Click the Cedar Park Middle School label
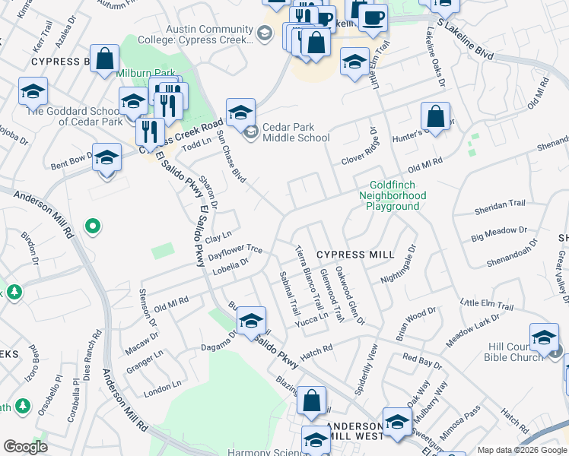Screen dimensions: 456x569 296,133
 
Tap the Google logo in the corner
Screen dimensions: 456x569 25,447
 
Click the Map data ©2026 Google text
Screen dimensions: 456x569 521,450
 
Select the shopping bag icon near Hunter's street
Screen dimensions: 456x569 435,117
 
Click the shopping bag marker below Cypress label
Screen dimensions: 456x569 105,58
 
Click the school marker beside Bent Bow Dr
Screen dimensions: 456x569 106,158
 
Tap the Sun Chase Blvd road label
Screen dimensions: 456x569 231,157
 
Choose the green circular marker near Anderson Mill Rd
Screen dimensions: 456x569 93,226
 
